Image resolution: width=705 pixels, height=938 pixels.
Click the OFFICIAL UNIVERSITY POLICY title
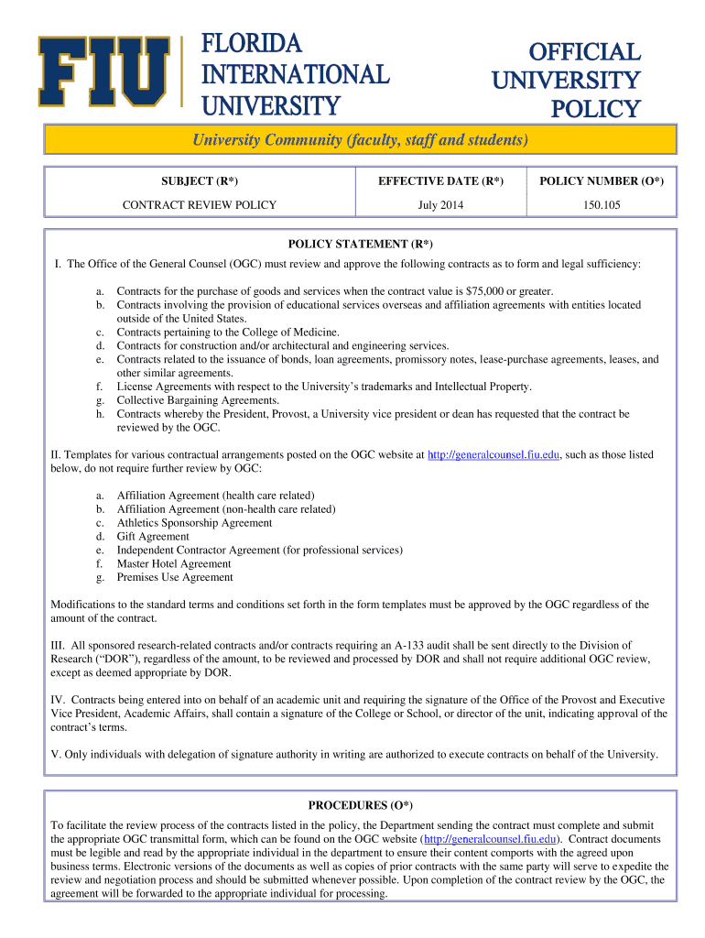coord(566,81)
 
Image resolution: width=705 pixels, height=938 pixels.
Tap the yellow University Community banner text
coord(359,140)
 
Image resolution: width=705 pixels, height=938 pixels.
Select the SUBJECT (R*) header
coord(200,181)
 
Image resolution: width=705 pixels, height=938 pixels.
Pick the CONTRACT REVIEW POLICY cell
coord(200,205)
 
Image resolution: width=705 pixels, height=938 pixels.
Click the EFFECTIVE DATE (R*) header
coord(440,181)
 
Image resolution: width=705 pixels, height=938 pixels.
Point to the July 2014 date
coord(440,205)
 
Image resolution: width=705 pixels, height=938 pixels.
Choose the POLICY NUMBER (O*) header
coord(602,181)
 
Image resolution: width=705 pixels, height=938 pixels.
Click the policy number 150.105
coord(602,205)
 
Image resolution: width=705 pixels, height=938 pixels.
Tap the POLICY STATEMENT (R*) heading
coord(360,244)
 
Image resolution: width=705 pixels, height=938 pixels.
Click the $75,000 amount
coord(490,290)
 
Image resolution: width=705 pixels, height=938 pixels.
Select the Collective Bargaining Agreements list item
coord(198,400)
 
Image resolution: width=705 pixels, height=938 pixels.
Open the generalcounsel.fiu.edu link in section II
coord(493,454)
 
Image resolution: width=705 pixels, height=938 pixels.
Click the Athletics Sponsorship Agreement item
coord(194,523)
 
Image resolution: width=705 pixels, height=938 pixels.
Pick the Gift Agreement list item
coord(153,537)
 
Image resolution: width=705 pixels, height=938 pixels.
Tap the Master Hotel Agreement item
coord(174,564)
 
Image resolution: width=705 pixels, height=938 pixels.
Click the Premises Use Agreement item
coord(175,578)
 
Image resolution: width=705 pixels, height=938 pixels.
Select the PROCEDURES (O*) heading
coord(360,805)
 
